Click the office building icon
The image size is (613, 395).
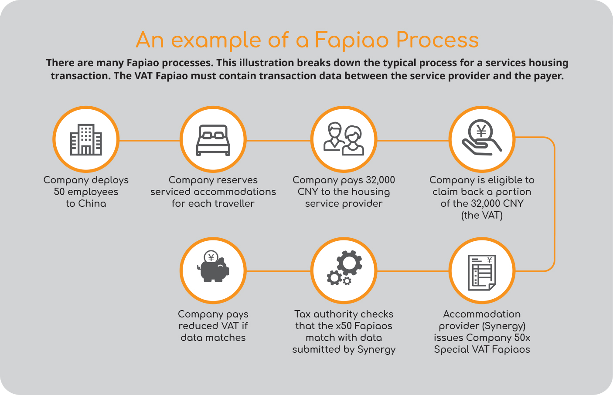click(x=86, y=140)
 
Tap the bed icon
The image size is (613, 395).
click(x=213, y=140)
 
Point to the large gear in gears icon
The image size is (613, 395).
click(x=349, y=263)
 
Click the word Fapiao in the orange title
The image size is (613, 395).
click(x=351, y=40)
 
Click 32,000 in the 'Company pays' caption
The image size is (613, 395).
click(x=380, y=180)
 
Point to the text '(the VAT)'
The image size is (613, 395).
click(x=482, y=216)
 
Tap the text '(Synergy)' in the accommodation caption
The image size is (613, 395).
click(x=504, y=326)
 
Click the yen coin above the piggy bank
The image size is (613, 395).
click(x=211, y=257)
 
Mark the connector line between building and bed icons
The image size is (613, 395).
click(x=150, y=141)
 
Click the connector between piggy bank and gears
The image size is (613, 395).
click(x=278, y=271)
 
